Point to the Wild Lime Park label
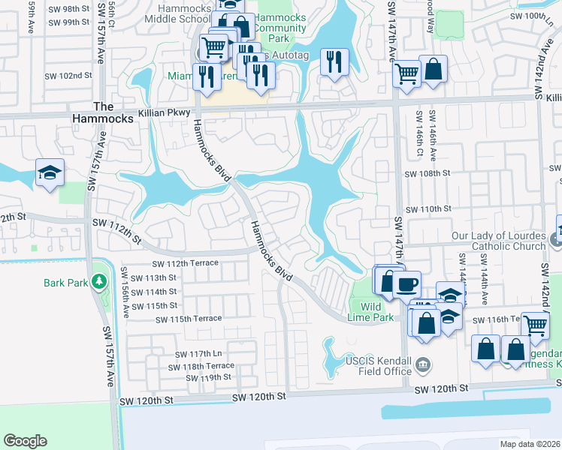pos(370,312)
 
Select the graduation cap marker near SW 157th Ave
pos(50,173)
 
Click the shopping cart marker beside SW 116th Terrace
pos(535,325)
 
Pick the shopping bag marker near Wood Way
pos(433,70)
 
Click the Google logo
pos(25,441)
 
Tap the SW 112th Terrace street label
pos(185,263)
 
